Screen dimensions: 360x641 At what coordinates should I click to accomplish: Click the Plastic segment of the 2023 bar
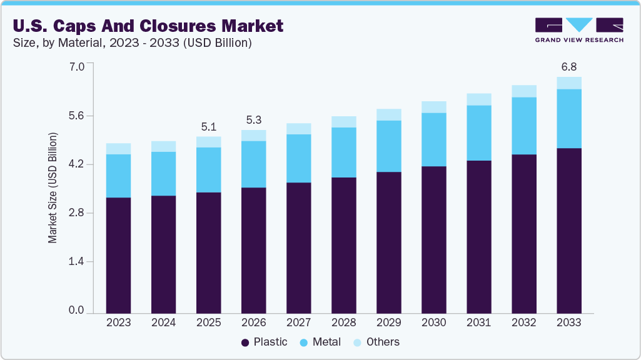tap(118, 255)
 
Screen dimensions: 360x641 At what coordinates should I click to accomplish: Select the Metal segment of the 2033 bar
tap(568, 119)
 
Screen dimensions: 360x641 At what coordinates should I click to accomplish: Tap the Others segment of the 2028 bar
tap(343, 122)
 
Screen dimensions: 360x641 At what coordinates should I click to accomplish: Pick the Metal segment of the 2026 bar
tap(253, 164)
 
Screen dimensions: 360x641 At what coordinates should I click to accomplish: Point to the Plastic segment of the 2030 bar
tap(433, 239)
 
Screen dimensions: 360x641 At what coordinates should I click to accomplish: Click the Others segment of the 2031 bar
tap(478, 99)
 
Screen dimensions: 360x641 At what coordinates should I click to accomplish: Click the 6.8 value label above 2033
tap(568, 66)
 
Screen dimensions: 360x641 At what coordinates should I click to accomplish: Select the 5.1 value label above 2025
tap(208, 127)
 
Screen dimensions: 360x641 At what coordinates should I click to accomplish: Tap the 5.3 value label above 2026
tap(253, 120)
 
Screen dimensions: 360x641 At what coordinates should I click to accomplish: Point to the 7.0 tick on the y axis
tap(76, 66)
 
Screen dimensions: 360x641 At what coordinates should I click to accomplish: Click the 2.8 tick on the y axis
tap(76, 213)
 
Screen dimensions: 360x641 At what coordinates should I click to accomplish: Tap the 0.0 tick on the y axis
tap(76, 311)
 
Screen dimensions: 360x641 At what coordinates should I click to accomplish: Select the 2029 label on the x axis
tap(388, 322)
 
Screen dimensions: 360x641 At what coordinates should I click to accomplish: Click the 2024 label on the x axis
tap(163, 322)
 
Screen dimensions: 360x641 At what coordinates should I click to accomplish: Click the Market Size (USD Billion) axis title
tap(53, 187)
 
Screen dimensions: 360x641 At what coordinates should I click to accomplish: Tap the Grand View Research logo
tap(578, 30)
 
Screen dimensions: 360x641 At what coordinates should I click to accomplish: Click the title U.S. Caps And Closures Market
tap(148, 26)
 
